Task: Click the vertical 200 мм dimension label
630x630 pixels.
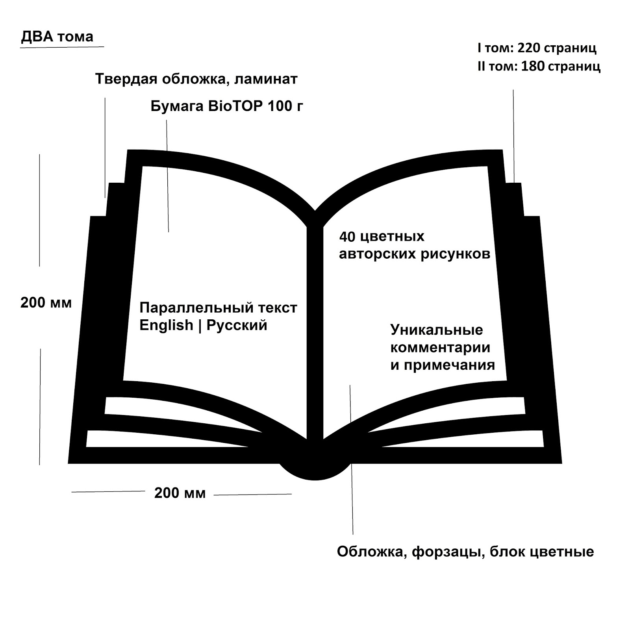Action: tap(46, 303)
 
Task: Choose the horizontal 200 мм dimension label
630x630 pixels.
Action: tap(180, 493)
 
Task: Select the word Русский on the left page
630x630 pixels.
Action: tap(237, 326)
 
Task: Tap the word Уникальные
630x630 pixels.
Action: tap(436, 330)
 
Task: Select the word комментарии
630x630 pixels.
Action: tap(440, 348)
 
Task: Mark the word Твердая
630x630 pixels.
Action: tap(121, 80)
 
